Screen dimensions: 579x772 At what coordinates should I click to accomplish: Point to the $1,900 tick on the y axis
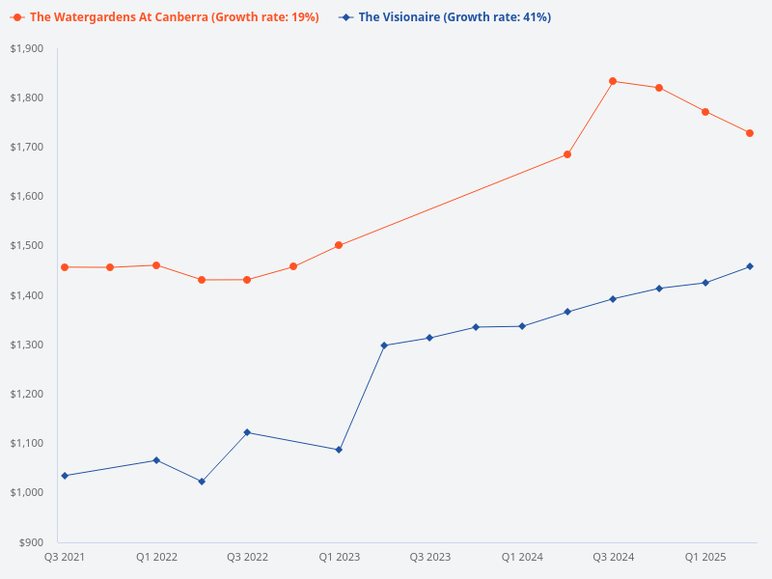pyautogui.click(x=27, y=48)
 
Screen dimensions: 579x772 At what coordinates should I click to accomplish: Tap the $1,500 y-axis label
pyautogui.click(x=27, y=246)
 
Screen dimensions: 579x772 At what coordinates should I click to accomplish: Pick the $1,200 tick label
pyautogui.click(x=27, y=394)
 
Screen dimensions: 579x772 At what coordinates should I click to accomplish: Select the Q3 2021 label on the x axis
pyautogui.click(x=65, y=558)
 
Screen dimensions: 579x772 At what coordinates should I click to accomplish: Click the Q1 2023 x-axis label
pyautogui.click(x=339, y=558)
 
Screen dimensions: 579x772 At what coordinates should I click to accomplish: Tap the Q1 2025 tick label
pyautogui.click(x=705, y=558)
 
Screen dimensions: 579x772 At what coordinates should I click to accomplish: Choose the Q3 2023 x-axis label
pyautogui.click(x=429, y=558)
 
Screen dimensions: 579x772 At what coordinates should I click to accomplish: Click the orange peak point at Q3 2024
pyautogui.click(x=613, y=81)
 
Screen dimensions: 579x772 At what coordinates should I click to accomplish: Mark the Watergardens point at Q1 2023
pyautogui.click(x=339, y=245)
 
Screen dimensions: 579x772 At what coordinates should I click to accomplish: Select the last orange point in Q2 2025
pyautogui.click(x=750, y=133)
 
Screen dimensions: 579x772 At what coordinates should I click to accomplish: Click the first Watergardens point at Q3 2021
pyautogui.click(x=65, y=267)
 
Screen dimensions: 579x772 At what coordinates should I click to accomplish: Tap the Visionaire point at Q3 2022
pyautogui.click(x=247, y=432)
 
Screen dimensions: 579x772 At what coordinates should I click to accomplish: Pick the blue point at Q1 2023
pyautogui.click(x=339, y=450)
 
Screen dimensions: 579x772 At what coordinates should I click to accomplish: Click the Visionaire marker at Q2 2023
pyautogui.click(x=384, y=345)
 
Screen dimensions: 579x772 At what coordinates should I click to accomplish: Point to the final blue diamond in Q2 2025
pyautogui.click(x=750, y=266)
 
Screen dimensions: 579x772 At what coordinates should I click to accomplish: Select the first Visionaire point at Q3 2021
pyautogui.click(x=65, y=476)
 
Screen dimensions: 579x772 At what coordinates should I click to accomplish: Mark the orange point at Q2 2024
pyautogui.click(x=567, y=154)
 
